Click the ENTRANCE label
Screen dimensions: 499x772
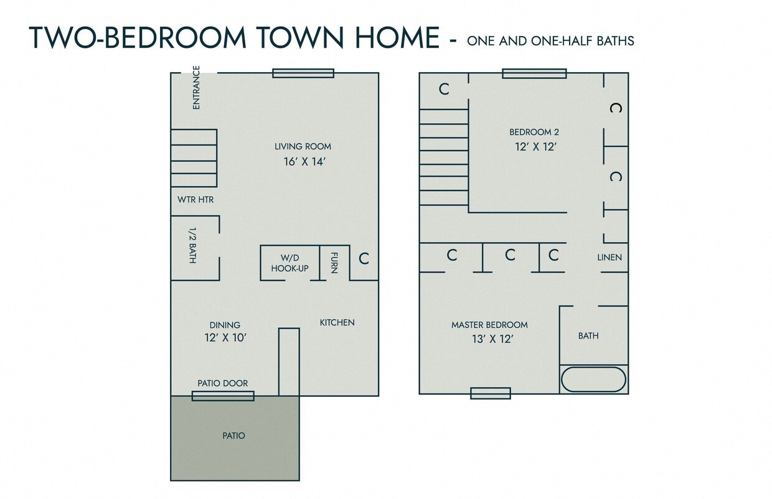coord(197,88)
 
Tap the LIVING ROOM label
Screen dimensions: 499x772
coord(303,147)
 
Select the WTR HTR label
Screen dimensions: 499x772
coord(195,200)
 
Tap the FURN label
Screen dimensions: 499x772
coord(334,263)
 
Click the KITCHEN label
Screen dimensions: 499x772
coord(337,322)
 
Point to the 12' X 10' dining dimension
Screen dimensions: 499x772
coord(225,338)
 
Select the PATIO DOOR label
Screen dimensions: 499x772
coord(222,383)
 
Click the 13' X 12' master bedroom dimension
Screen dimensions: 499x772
coord(492,340)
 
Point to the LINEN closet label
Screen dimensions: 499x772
coord(610,257)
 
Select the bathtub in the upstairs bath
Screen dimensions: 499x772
coord(593,380)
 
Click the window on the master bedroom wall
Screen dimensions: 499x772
coord(490,393)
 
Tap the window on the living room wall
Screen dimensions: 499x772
coord(303,73)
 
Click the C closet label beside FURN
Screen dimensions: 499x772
coord(364,258)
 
